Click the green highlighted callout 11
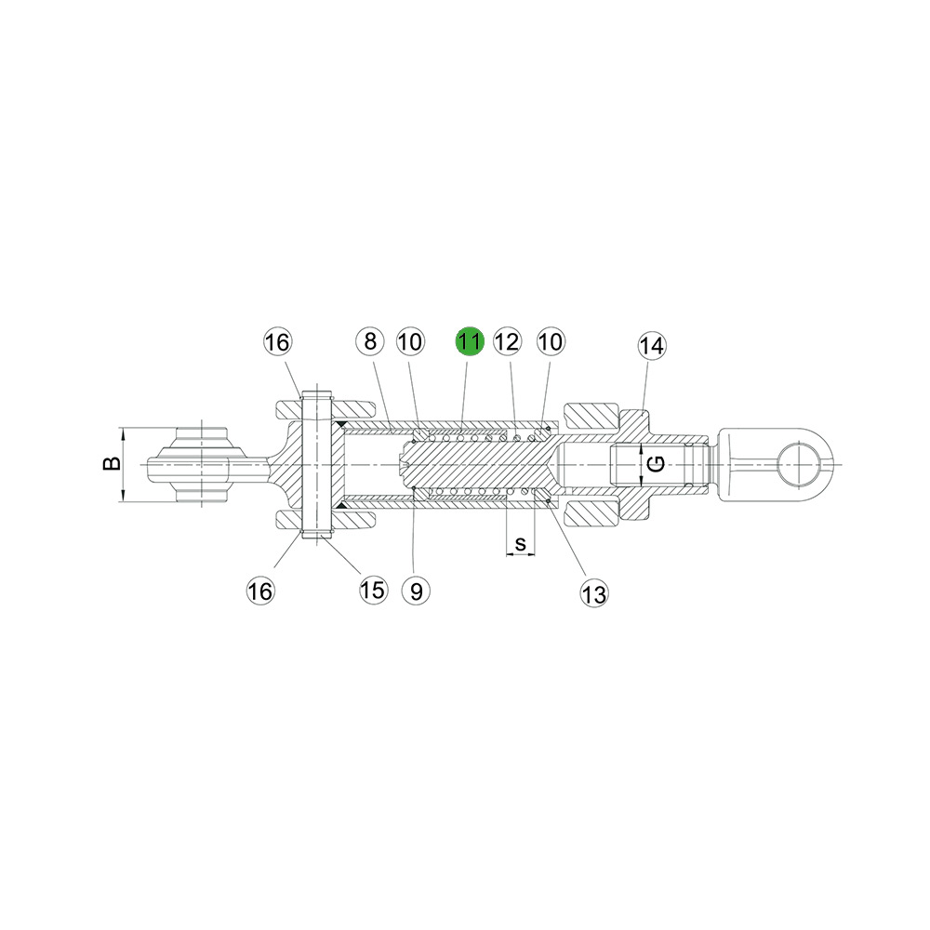coord(470,341)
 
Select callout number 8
coord(371,341)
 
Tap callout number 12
coord(507,341)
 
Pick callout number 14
coord(652,345)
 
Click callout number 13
coord(594,593)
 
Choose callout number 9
coord(416,591)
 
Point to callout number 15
coord(373,590)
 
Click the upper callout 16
coord(277,342)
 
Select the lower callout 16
coord(260,591)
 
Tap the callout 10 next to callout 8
coord(410,341)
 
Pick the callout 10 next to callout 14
coord(551,341)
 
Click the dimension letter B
coord(112,463)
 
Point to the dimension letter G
coord(657,464)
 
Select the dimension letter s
coord(520,543)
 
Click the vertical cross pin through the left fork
coord(317,464)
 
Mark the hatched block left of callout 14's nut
coord(591,416)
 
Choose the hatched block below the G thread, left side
coord(591,513)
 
